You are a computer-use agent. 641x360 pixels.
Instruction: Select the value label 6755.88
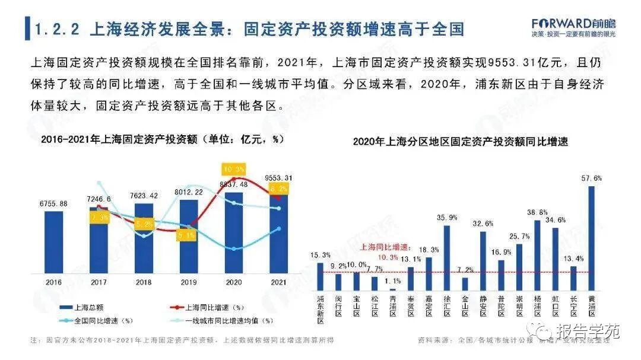click(x=53, y=204)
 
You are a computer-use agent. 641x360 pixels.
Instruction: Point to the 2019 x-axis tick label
click(x=188, y=283)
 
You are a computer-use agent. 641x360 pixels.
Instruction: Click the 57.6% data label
click(x=592, y=178)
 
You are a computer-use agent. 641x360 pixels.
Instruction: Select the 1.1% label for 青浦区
click(x=393, y=281)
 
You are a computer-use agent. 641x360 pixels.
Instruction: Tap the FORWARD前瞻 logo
click(x=573, y=24)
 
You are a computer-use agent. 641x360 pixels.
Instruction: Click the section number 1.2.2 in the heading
click(x=58, y=29)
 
